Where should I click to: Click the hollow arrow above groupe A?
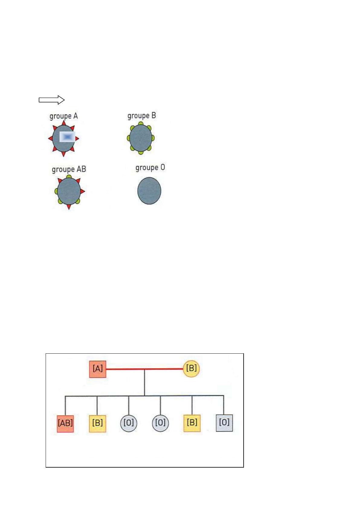click(x=52, y=100)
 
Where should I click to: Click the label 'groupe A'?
click(x=64, y=116)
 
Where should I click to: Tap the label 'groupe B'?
click(x=141, y=116)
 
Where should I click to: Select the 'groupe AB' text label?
click(x=69, y=169)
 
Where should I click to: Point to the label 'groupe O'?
click(x=150, y=168)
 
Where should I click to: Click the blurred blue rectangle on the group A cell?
click(x=67, y=137)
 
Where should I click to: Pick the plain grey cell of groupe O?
click(x=149, y=191)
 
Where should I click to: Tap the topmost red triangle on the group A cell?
click(x=64, y=123)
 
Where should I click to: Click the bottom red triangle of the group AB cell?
click(x=69, y=207)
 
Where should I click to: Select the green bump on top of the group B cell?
click(x=141, y=123)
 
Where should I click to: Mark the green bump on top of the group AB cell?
click(x=69, y=176)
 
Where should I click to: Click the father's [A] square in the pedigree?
click(x=98, y=369)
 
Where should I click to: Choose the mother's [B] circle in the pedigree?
click(x=191, y=369)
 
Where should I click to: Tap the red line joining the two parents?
click(x=144, y=369)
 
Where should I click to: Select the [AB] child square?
click(x=65, y=424)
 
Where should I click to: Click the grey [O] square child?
click(x=224, y=423)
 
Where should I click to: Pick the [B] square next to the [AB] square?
click(x=98, y=423)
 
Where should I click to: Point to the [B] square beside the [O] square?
click(x=192, y=423)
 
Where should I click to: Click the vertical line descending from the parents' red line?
click(x=144, y=383)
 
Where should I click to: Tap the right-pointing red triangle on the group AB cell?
click(x=83, y=191)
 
